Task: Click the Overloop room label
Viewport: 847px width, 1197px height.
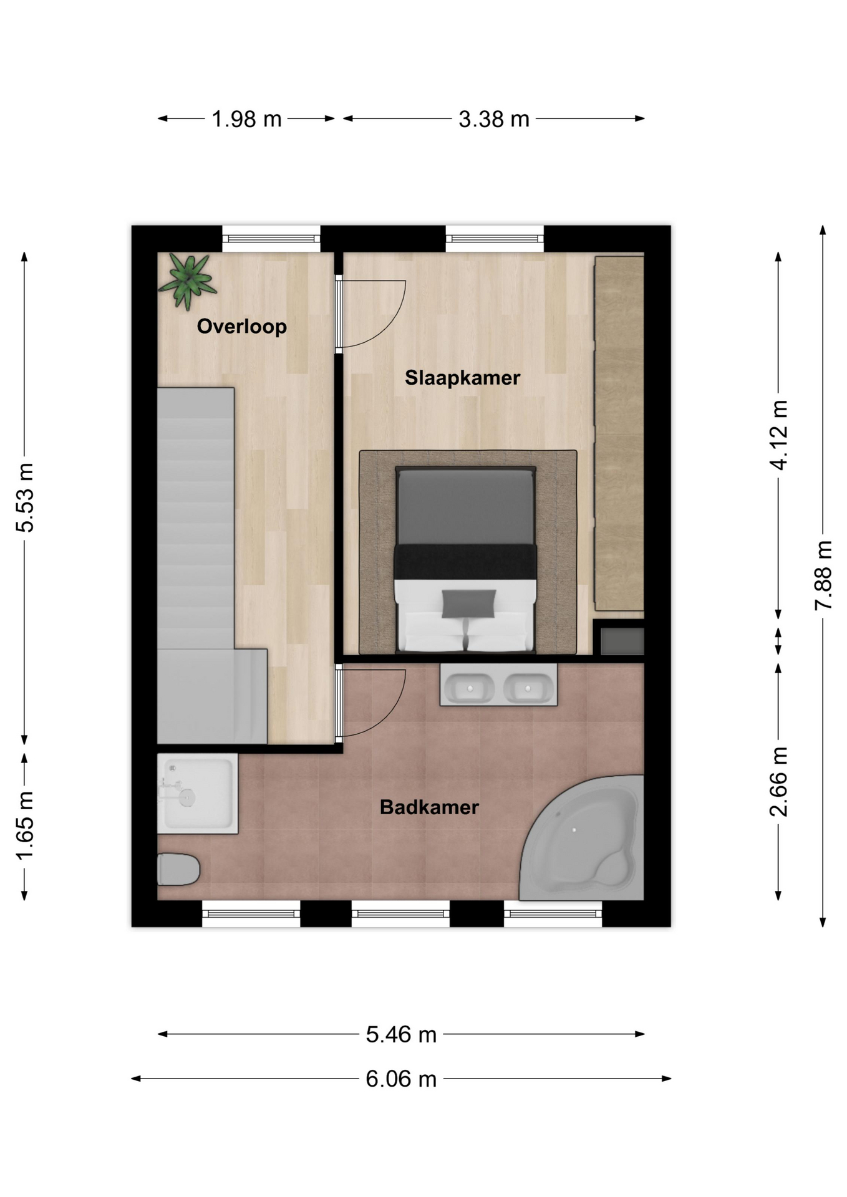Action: [242, 326]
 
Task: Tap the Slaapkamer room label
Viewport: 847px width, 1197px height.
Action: [462, 377]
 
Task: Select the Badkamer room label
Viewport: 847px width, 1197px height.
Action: [429, 807]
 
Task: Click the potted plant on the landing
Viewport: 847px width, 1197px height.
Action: [187, 281]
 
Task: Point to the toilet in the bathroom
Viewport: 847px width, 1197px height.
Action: [178, 869]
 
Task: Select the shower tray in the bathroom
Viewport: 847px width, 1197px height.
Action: [197, 794]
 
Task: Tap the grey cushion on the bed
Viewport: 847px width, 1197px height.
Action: [469, 603]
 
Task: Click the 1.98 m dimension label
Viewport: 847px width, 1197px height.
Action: [247, 119]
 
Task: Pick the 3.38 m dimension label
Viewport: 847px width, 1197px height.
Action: [494, 119]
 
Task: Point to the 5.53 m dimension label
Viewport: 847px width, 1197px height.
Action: [25, 498]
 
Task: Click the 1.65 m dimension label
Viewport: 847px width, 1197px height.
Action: [25, 825]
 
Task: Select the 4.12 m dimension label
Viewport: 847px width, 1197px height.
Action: [779, 435]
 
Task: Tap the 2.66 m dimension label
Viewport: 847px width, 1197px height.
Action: [779, 782]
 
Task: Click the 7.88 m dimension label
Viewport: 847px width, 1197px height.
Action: [823, 575]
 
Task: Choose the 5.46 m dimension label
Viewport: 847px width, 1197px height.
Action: [401, 1035]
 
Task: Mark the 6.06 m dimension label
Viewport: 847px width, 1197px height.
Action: [401, 1079]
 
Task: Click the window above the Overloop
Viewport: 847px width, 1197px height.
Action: [271, 239]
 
